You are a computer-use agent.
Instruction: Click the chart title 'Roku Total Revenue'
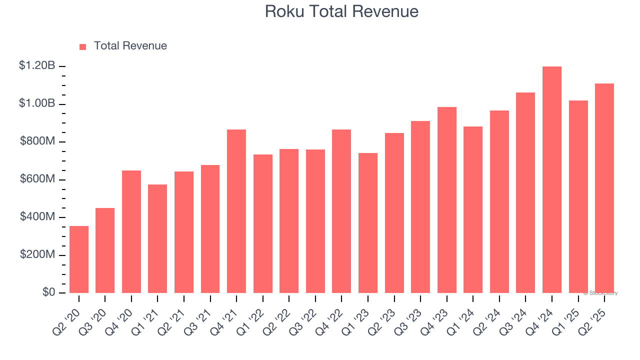click(x=341, y=11)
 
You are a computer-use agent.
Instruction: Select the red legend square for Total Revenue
click(x=83, y=46)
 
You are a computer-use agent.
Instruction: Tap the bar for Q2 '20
click(x=79, y=259)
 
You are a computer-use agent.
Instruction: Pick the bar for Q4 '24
click(x=552, y=180)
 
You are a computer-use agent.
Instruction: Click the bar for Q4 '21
click(x=236, y=211)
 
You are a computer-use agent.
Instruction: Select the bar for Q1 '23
click(x=368, y=223)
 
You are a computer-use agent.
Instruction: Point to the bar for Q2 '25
click(x=604, y=188)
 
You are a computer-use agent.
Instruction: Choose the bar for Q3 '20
click(x=105, y=250)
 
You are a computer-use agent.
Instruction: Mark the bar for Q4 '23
click(x=447, y=200)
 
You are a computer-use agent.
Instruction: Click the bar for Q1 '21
click(x=157, y=239)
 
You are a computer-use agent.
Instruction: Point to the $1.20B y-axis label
click(x=37, y=65)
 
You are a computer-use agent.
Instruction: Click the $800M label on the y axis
click(x=37, y=141)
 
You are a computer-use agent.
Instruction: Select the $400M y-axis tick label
click(x=37, y=217)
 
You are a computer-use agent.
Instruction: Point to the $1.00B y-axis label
click(x=37, y=103)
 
